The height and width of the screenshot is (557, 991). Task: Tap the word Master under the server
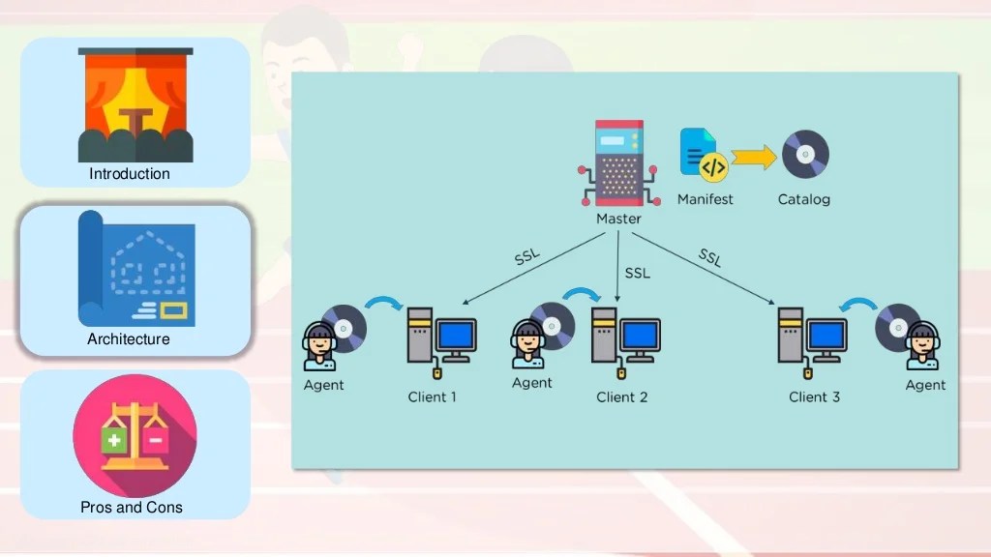618,219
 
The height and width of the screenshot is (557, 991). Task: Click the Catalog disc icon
805,155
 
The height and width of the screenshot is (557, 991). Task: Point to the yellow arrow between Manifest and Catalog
755,157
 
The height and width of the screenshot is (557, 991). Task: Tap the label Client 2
622,397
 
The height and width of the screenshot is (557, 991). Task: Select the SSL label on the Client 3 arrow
709,257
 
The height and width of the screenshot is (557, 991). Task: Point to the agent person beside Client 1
319,346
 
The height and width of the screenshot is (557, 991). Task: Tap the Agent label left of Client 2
532,383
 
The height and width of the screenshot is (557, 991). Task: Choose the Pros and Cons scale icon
135,435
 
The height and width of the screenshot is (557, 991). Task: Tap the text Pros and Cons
132,507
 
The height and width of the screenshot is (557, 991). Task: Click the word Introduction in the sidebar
130,174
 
